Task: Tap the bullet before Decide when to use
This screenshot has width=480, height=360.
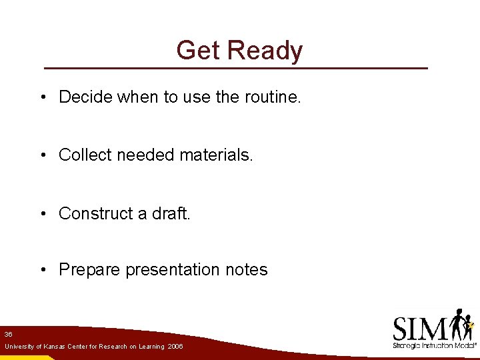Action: [42, 97]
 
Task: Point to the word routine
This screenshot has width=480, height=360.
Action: [273, 97]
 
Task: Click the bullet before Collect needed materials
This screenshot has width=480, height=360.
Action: [42, 155]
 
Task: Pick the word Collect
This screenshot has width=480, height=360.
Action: [85, 155]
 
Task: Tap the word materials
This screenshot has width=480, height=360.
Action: [221, 155]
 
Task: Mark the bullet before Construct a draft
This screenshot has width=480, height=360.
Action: [42, 213]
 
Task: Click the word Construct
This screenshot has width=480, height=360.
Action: [94, 213]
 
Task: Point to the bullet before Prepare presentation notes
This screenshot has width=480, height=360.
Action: [42, 270]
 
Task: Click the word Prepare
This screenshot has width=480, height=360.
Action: [89, 270]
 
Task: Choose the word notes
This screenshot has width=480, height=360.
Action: [247, 270]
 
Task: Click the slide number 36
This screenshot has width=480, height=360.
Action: [8, 333]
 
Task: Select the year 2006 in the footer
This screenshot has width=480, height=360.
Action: [175, 347]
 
